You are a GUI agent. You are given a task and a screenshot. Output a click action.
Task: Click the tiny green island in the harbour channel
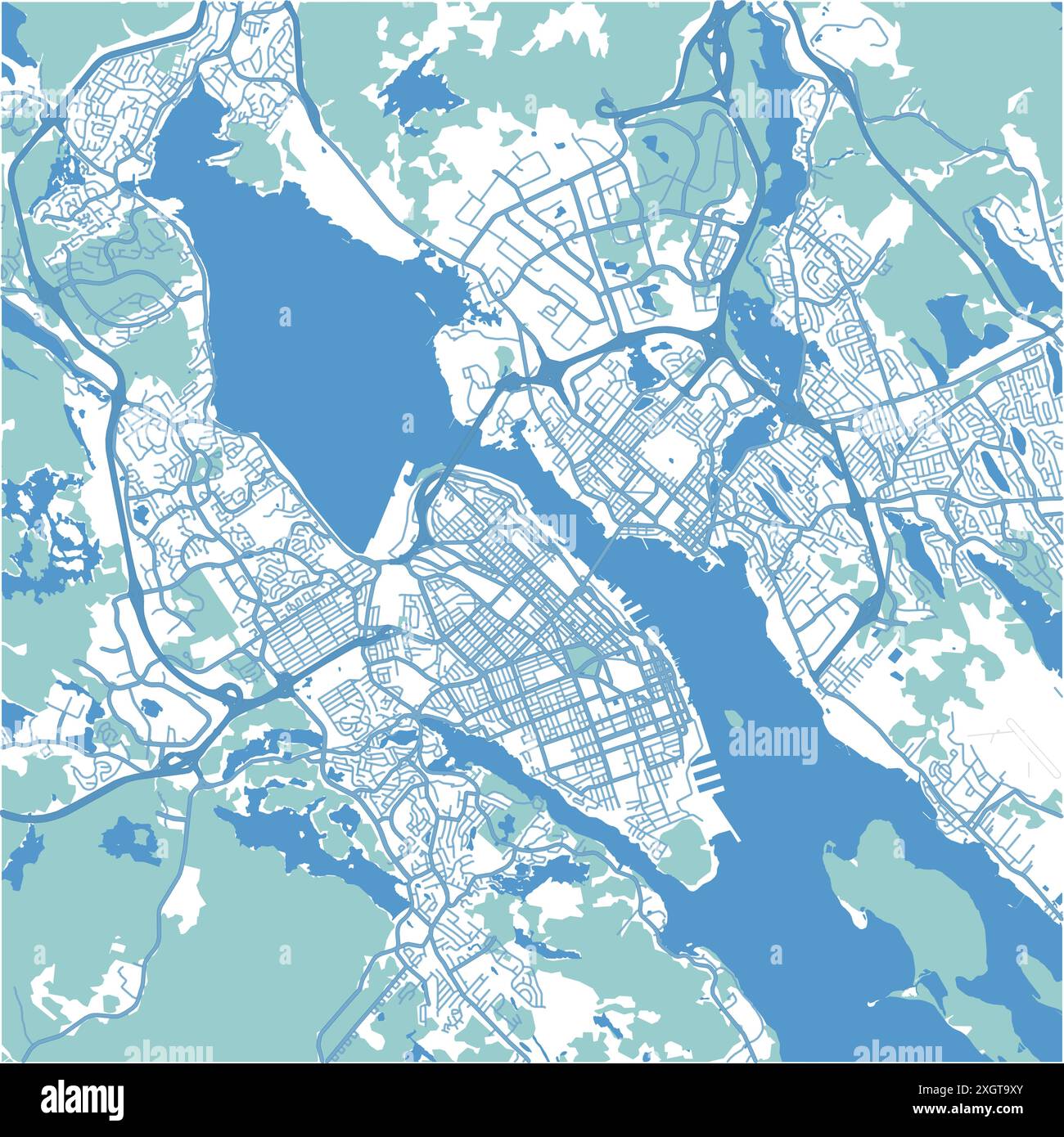tap(733, 717)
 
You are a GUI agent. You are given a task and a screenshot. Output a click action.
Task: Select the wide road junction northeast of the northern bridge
tap(540, 372)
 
